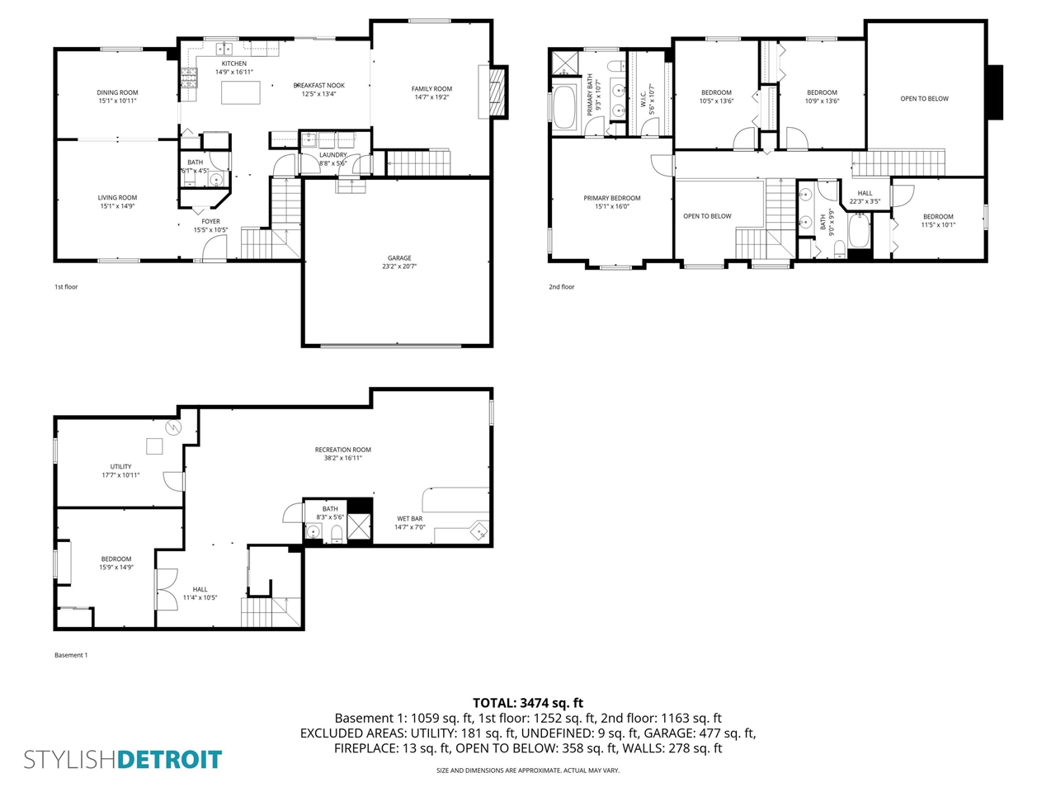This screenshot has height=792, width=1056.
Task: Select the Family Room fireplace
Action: click(497, 93)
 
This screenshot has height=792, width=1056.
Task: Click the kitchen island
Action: click(240, 92)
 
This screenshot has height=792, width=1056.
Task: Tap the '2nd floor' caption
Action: click(562, 287)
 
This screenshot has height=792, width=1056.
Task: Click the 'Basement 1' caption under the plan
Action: click(71, 655)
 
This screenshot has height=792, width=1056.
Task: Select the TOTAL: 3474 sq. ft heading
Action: click(528, 703)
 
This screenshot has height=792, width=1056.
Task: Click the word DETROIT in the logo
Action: click(170, 760)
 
